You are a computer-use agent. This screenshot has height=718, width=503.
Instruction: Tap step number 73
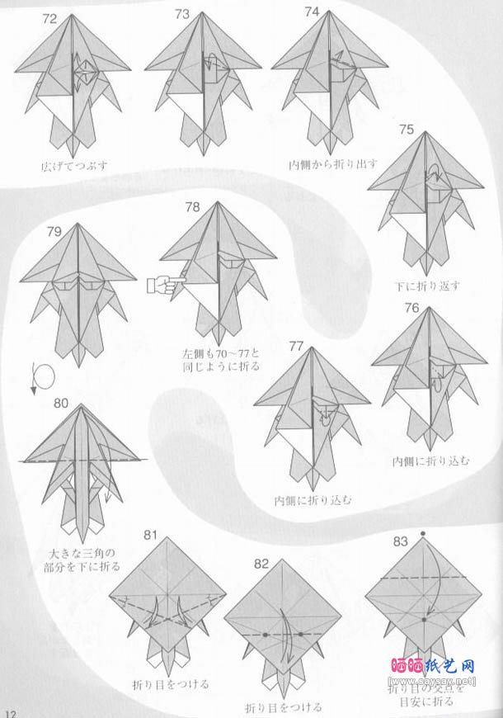coord(183,14)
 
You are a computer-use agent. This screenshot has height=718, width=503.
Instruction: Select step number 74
coord(312,12)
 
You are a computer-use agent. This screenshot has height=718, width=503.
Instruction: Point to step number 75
coord(406,129)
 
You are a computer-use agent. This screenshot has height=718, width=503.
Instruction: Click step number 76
coord(412,309)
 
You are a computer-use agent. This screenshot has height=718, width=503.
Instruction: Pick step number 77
coord(297,344)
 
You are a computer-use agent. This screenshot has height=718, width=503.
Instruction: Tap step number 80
coord(61,404)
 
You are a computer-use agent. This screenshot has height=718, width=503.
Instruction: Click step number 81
coord(150,534)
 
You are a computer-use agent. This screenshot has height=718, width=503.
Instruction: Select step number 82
coord(261,564)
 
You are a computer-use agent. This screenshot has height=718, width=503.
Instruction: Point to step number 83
coord(400,541)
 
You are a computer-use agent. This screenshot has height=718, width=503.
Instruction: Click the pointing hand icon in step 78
coord(165,286)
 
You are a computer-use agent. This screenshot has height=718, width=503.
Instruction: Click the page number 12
coord(9,711)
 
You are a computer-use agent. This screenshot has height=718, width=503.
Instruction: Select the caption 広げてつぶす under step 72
coord(75,165)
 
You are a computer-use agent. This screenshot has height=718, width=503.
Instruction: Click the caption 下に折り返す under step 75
coord(427,286)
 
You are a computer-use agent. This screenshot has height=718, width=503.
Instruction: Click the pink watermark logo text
coord(431,664)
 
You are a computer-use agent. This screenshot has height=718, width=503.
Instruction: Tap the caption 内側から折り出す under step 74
coord(334,164)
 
